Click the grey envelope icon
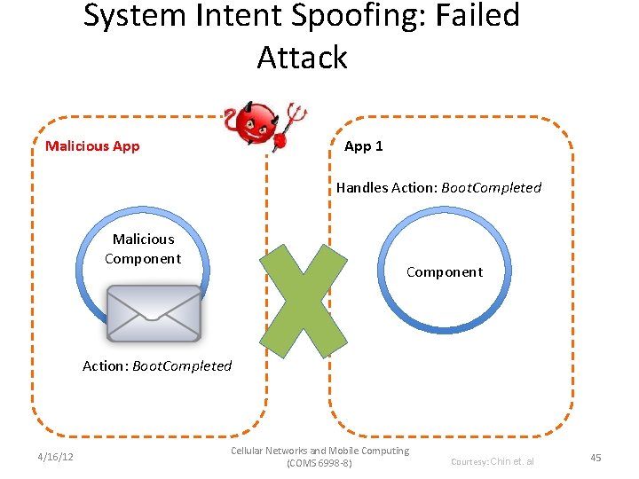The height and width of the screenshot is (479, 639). (x=154, y=312)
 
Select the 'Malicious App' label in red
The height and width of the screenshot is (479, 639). (x=92, y=146)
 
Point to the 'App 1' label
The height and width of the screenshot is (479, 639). (x=364, y=146)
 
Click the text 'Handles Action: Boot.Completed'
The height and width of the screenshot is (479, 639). (x=438, y=188)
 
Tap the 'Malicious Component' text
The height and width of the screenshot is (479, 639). (x=143, y=249)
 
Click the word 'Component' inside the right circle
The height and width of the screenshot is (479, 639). (x=445, y=272)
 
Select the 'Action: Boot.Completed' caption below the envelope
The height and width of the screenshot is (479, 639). (x=157, y=366)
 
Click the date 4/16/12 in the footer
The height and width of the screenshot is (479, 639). (x=56, y=458)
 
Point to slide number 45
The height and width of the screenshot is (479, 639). (x=596, y=458)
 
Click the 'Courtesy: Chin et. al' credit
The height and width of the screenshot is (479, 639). (x=493, y=461)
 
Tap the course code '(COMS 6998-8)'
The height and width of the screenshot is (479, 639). (x=320, y=464)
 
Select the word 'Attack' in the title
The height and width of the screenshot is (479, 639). (x=303, y=58)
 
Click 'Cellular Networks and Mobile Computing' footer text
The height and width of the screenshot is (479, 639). (x=320, y=451)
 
